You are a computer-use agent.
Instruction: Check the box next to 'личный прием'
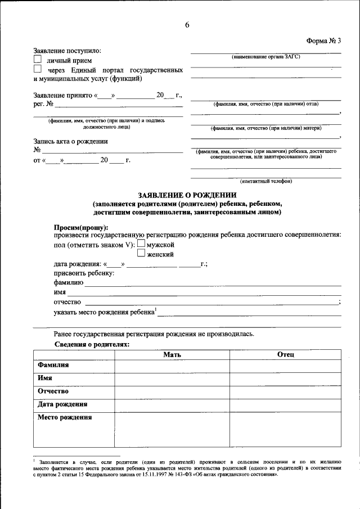pos(38,58)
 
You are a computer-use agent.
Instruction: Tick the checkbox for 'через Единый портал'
pos(38,69)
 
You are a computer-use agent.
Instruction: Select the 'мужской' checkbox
pos(141,244)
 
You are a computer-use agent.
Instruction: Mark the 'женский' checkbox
pos(141,254)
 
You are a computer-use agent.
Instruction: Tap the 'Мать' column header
pos(172,354)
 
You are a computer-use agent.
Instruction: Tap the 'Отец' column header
pos(286,354)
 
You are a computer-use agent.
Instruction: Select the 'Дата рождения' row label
pos(62,404)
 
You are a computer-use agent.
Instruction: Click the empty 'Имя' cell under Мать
pos(172,379)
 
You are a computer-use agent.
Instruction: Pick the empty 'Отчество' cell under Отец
pos(286,391)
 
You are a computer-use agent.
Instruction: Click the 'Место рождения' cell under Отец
pos(286,430)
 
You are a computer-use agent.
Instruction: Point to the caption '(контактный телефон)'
pos(265,181)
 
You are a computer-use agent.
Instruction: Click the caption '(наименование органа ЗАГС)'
pos(265,57)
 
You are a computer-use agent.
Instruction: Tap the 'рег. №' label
pos(43,104)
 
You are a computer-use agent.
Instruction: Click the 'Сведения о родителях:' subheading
pos(92,344)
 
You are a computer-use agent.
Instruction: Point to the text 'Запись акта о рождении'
pos(70,141)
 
